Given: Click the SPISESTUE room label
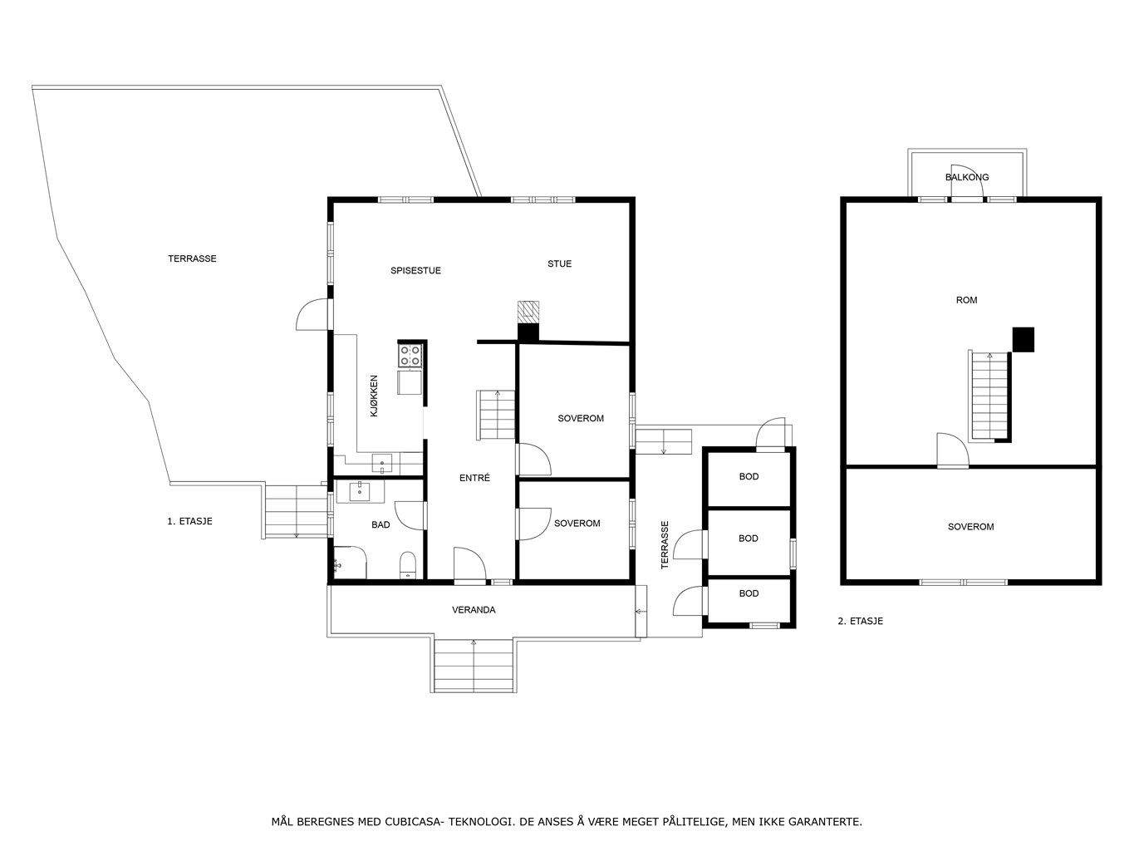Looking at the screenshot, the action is [x=415, y=270].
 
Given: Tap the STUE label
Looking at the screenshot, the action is [x=559, y=263].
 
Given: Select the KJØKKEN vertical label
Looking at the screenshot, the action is [x=374, y=396].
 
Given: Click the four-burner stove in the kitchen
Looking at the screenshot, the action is [x=410, y=356].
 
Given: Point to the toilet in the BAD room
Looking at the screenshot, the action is [x=408, y=564].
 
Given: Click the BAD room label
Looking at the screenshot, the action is [x=380, y=525].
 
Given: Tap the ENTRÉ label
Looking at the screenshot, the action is [x=474, y=478].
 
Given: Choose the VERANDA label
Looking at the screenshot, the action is [x=474, y=610].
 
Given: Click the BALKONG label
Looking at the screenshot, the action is [x=967, y=177].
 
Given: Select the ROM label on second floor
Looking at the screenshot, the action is [x=967, y=300].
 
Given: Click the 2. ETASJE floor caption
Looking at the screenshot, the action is [x=860, y=621].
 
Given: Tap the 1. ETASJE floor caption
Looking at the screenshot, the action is [x=189, y=521].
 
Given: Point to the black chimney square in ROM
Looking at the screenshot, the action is [x=1023, y=339].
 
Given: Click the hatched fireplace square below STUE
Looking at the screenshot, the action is [x=528, y=311].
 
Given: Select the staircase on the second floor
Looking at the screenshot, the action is [x=989, y=396].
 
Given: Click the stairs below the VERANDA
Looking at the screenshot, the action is [x=474, y=666].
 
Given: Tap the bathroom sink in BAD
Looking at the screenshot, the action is [x=360, y=491].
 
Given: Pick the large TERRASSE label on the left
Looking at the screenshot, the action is [x=192, y=258].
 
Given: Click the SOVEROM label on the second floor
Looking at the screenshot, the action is [x=970, y=527].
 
